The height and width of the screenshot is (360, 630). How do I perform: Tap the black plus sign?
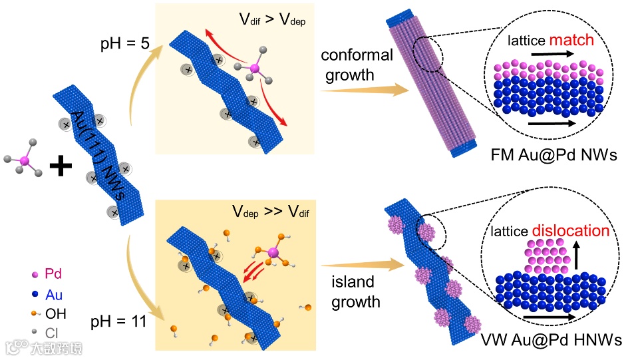click(61, 164)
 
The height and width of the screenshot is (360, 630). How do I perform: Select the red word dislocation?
click(570, 231)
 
